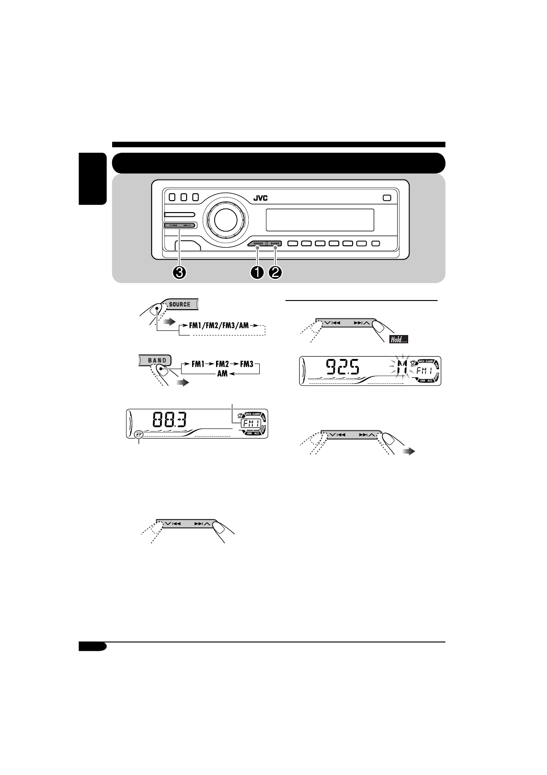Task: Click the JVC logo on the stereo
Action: [x=260, y=198]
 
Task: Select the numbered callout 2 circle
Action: [x=276, y=272]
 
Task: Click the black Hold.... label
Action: [x=398, y=340]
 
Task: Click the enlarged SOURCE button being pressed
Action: [x=180, y=304]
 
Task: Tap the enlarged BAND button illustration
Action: [x=157, y=360]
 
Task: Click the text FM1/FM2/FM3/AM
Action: [x=219, y=325]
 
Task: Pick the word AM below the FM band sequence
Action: [x=222, y=374]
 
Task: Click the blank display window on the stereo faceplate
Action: [x=319, y=220]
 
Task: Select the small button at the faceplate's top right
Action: [x=386, y=198]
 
